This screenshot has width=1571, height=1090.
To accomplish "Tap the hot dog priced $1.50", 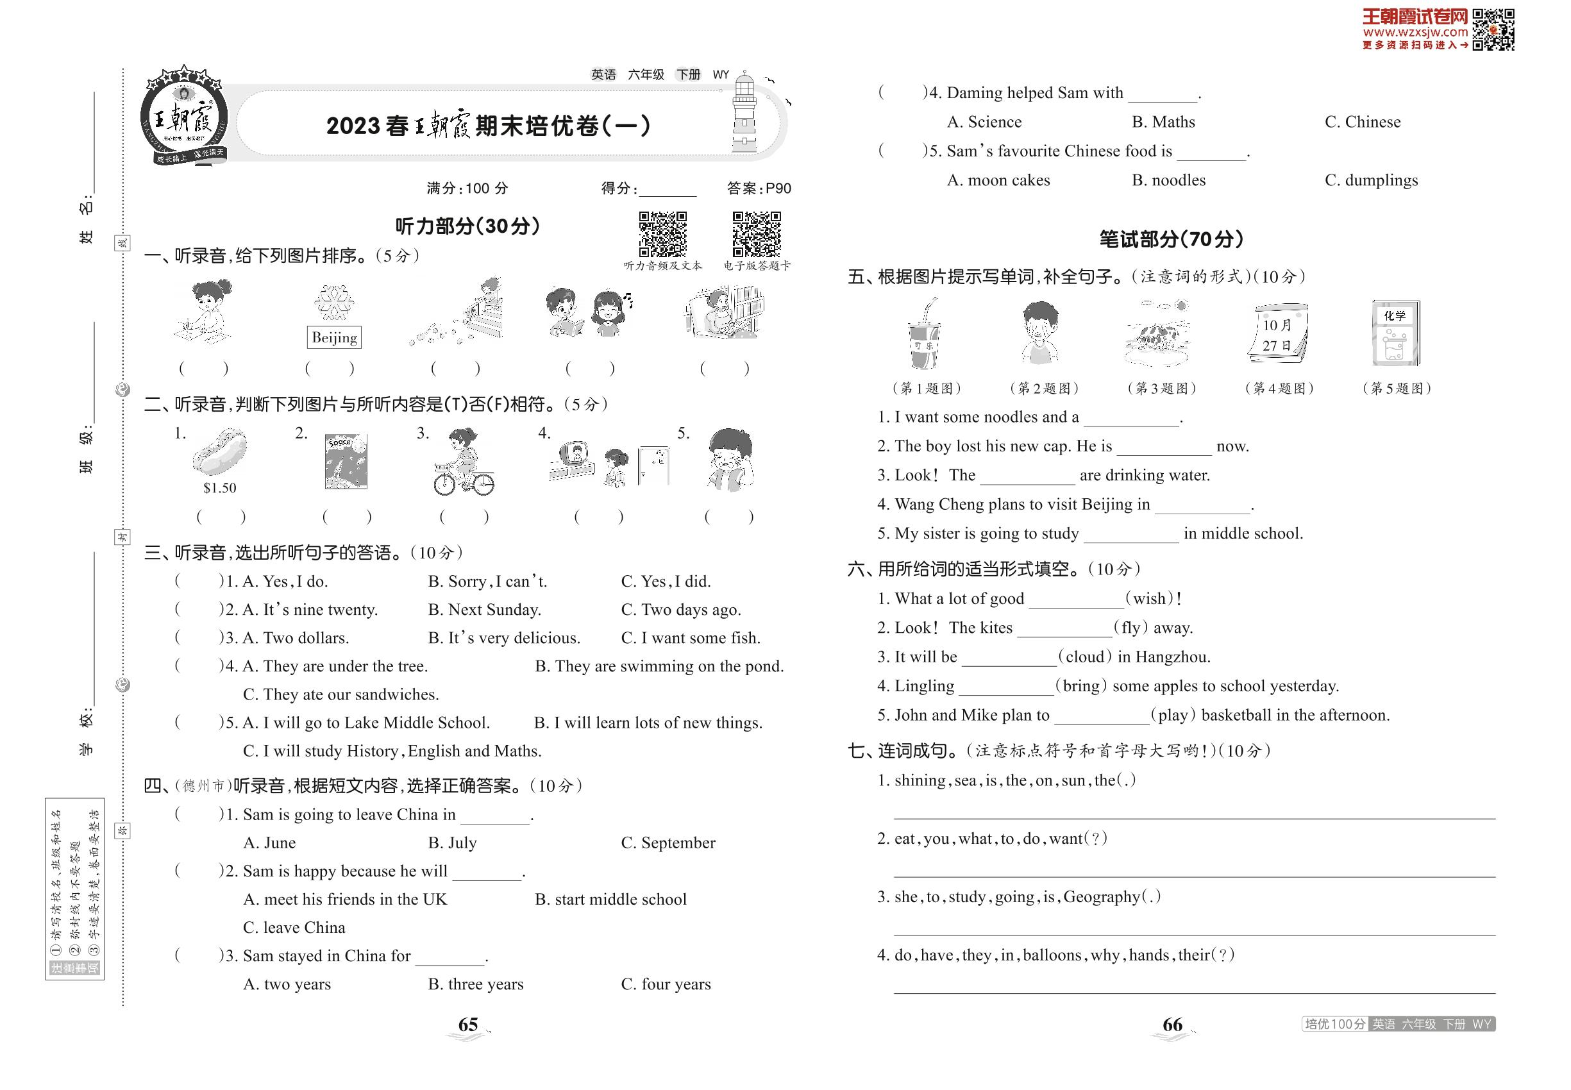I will (x=219, y=452).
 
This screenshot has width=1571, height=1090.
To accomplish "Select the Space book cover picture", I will (x=346, y=462).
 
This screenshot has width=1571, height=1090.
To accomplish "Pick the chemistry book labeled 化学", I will (x=1395, y=333).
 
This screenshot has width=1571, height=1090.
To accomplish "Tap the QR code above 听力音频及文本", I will (x=662, y=234).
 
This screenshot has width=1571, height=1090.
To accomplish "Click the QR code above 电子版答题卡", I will (x=756, y=234).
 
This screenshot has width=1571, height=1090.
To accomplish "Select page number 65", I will (x=468, y=1025).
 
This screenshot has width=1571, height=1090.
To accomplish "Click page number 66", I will (x=1172, y=1025).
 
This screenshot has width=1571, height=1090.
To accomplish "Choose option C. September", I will (x=668, y=843).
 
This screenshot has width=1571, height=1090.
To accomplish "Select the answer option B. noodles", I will (x=1168, y=180).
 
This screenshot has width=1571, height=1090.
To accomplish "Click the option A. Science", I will (x=984, y=122).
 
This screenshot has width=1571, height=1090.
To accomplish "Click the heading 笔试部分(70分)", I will (x=1171, y=239).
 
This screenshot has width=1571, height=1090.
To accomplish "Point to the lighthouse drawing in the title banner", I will (x=744, y=115).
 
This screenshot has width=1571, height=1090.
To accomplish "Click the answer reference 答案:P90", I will (x=759, y=189).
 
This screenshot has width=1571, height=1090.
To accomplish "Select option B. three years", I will (x=475, y=984).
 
